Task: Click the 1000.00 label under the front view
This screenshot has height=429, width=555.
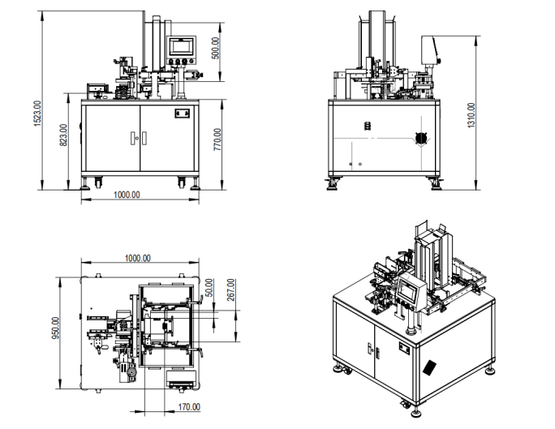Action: (x=127, y=195)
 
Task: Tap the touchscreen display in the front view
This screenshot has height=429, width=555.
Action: (x=180, y=46)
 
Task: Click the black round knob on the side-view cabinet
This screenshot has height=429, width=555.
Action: (x=419, y=139)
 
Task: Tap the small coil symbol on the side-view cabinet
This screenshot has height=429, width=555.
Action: (x=366, y=127)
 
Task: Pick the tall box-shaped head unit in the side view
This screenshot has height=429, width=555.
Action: (x=430, y=53)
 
